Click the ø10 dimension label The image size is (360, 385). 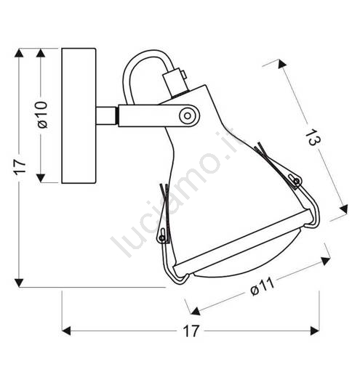tap(42, 115)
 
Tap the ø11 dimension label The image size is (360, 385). tap(262, 287)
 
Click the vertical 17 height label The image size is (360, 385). tap(20, 166)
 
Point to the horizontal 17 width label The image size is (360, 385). tap(191, 331)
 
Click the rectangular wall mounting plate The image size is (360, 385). tap(79, 115)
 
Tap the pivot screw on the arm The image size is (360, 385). tap(188, 115)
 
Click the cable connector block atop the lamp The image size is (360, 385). tap(175, 82)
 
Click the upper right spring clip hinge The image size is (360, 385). tap(297, 181)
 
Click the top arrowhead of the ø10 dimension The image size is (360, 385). tap(41, 53)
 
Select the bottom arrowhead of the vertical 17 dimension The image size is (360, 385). tap(19, 283)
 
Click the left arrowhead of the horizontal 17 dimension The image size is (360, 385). tap(66, 331)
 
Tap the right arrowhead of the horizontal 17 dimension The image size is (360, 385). tap(315, 331)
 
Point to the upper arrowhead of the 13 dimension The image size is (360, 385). tap(281, 64)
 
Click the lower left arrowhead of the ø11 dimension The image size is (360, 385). tap(196, 311)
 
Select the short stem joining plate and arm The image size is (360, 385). tap(106, 115)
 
